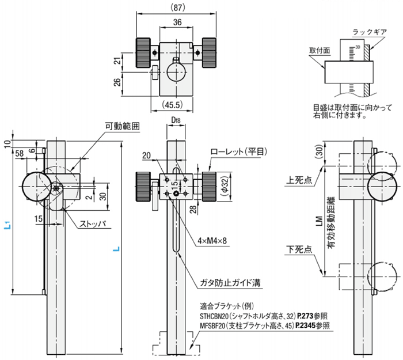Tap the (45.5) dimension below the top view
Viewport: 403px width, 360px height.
point(170,105)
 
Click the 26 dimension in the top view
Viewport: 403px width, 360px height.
point(117,82)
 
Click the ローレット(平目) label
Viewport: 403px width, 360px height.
point(233,152)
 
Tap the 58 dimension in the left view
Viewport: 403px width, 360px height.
point(20,153)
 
